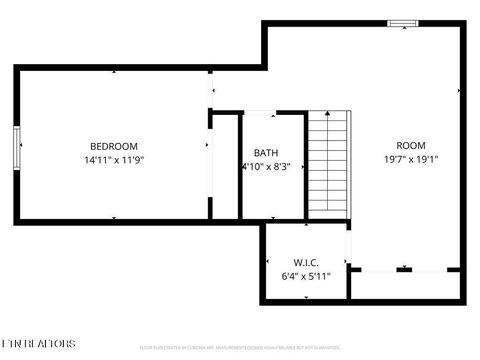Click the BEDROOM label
113,146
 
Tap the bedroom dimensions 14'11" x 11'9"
113,160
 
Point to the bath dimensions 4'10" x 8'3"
266,167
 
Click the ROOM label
410,146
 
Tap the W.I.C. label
306,262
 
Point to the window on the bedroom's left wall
17,147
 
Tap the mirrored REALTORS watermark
39,343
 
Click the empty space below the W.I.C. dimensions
306,291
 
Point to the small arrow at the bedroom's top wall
114,72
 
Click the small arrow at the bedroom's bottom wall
114,217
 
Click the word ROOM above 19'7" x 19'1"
410,146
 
